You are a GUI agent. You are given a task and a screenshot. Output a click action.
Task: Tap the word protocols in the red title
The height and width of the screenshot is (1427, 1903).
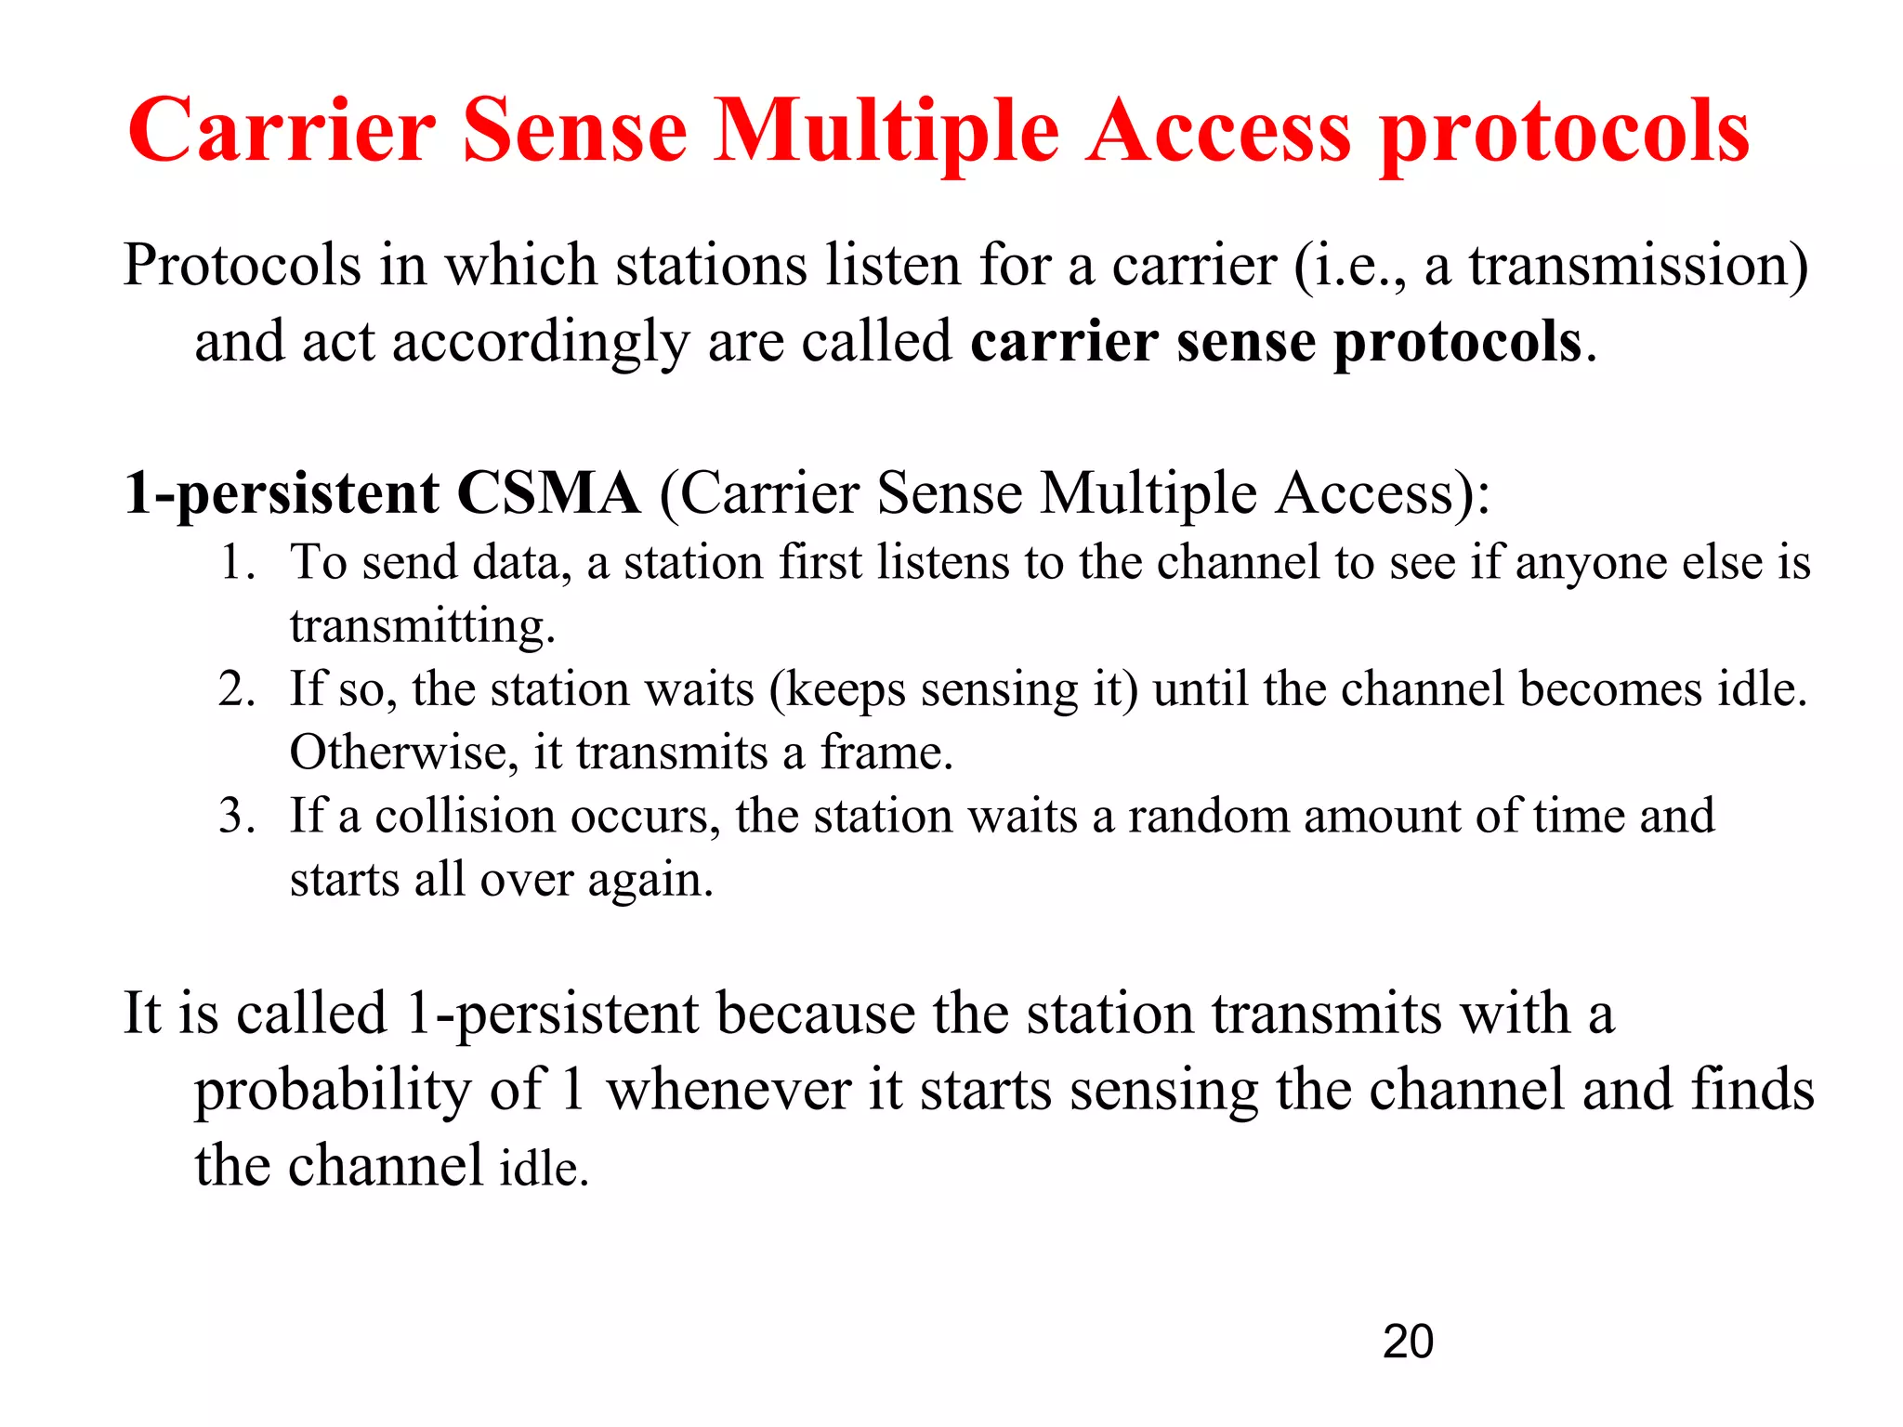tap(1564, 132)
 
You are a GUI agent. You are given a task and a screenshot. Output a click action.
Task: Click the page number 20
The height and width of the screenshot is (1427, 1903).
tap(1408, 1342)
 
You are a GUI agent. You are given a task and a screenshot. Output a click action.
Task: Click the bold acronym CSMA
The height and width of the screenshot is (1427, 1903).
tap(548, 492)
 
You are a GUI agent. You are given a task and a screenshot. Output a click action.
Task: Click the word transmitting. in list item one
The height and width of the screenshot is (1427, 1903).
tap(423, 626)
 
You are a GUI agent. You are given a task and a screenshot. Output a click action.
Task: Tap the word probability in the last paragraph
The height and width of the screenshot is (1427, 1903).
tap(332, 1091)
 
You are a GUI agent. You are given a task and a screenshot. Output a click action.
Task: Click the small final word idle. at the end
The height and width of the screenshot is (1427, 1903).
tap(545, 1169)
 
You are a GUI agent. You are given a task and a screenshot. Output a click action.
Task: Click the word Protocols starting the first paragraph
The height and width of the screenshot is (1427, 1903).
tap(242, 267)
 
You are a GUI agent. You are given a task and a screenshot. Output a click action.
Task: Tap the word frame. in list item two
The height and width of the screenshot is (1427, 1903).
tap(886, 753)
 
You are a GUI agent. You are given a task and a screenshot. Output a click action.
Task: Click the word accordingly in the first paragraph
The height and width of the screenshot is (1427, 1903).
tap(540, 343)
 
